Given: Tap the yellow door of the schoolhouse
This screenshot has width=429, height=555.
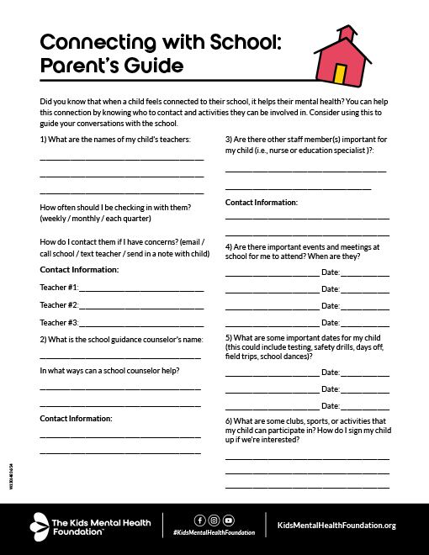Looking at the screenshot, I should (x=340, y=74).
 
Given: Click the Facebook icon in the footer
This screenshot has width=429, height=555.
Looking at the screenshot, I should (x=199, y=520).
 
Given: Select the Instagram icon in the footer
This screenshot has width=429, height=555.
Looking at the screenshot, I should (x=214, y=520).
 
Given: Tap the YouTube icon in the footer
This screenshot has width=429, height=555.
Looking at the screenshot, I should (x=229, y=520).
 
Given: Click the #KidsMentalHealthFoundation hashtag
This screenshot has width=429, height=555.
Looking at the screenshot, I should (x=214, y=533).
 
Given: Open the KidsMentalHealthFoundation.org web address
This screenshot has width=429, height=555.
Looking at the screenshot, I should (x=336, y=526).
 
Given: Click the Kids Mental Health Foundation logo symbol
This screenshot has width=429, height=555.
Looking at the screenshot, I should (x=41, y=526).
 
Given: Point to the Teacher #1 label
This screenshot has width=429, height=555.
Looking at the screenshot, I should (x=59, y=288).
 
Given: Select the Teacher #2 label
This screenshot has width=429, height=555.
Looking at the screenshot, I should (x=59, y=305).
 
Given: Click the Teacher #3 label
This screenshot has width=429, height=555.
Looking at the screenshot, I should (x=59, y=323).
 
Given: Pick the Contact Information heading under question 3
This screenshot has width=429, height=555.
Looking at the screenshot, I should (x=261, y=203).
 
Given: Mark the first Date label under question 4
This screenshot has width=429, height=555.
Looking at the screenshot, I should (x=330, y=272).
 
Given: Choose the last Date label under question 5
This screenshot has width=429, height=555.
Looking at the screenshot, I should (x=330, y=404).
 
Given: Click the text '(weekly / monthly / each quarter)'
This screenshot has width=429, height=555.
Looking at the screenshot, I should (x=95, y=219).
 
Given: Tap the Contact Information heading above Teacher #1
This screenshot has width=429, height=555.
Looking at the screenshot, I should (x=79, y=269).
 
